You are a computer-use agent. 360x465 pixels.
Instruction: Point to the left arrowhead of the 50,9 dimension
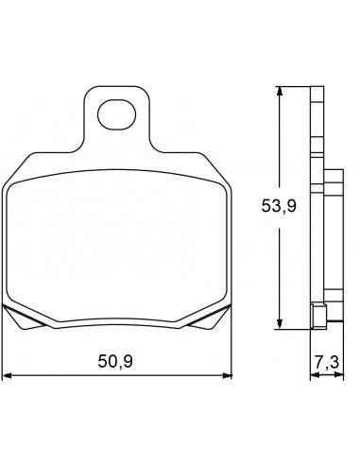[x=9, y=375]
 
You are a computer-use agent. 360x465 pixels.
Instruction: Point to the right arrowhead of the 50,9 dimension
[x=228, y=375]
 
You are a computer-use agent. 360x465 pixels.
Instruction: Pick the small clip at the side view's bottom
[x=320, y=316]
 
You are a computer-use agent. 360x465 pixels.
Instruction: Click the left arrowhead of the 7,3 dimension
[x=313, y=375]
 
